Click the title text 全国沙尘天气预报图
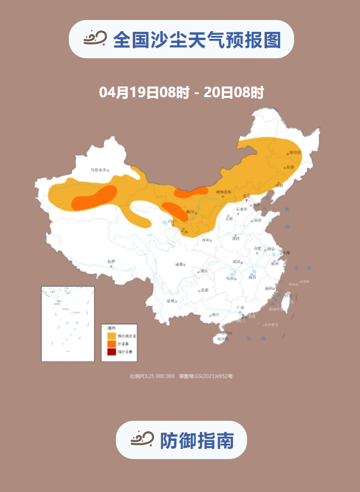[196, 40]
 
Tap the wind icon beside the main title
[95, 39]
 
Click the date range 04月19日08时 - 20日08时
[181, 92]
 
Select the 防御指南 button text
[196, 440]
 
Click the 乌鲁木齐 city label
[99, 170]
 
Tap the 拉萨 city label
[111, 261]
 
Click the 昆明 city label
[171, 301]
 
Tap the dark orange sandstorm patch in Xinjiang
[94, 197]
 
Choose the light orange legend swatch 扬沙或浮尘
[111, 335]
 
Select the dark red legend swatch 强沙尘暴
[111, 352]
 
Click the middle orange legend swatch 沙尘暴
[111, 343]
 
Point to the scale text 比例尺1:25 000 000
[152, 376]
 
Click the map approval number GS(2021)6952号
[211, 376]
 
